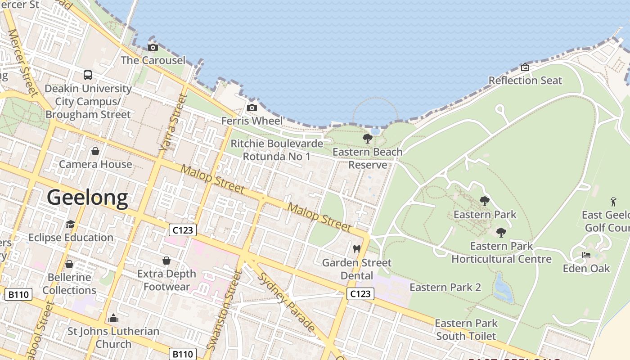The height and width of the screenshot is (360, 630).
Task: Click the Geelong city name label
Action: click(87, 198)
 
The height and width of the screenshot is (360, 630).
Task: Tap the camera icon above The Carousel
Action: click(153, 47)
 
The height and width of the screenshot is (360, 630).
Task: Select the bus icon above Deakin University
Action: click(88, 75)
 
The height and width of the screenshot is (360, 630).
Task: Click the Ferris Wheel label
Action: click(252, 121)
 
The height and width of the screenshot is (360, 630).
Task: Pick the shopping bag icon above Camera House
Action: click(95, 151)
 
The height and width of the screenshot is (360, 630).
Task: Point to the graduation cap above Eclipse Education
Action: click(70, 224)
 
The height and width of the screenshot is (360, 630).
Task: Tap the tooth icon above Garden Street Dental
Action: click(357, 249)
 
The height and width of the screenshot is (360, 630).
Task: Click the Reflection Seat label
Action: click(525, 81)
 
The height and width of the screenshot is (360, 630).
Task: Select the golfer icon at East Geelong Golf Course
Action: click(613, 202)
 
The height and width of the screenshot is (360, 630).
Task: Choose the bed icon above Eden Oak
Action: click(586, 255)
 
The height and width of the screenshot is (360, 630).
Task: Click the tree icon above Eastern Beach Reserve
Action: click(367, 139)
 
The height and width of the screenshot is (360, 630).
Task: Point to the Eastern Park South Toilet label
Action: click(466, 329)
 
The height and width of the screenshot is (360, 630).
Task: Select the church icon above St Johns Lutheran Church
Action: click(113, 318)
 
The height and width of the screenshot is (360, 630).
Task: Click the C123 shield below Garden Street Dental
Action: click(360, 294)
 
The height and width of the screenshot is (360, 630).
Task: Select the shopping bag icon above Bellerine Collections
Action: click(69, 264)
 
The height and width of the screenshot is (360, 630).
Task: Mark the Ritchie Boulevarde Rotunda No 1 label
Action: click(277, 150)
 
